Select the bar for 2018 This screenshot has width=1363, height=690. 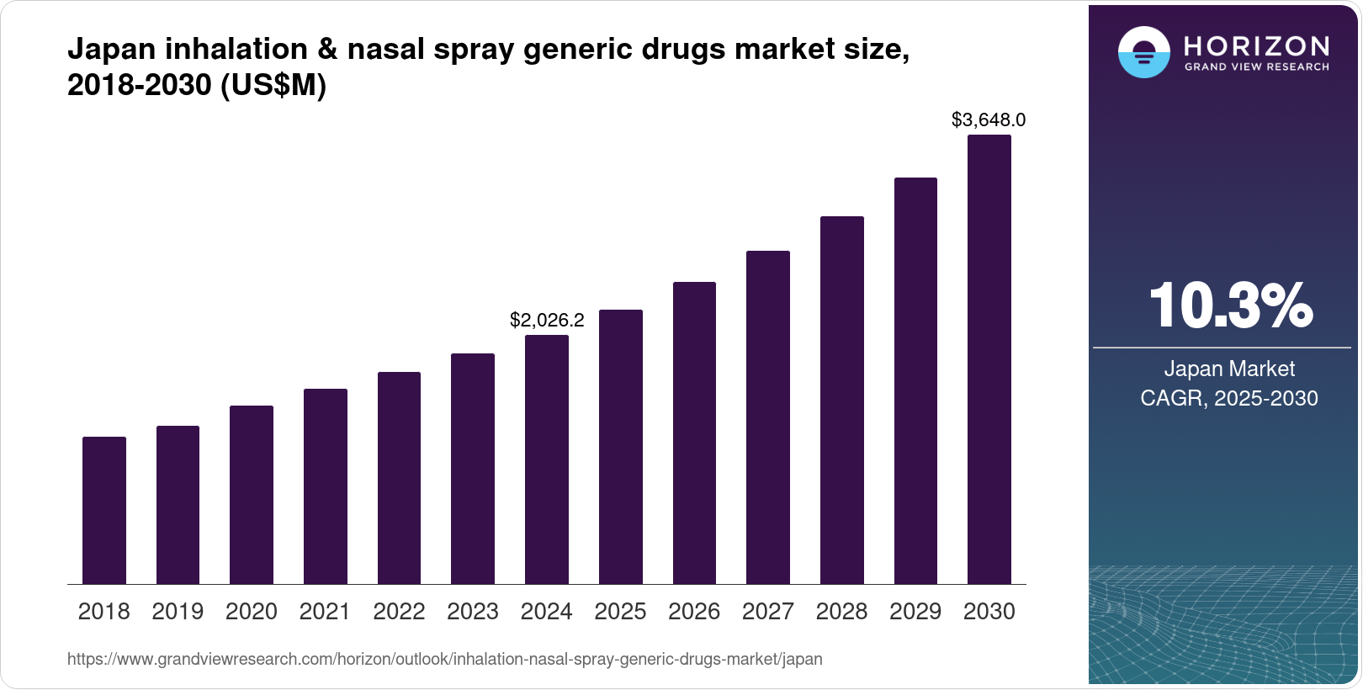point(104,510)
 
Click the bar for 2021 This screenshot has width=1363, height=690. point(326,486)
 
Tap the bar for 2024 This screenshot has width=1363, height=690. point(547,459)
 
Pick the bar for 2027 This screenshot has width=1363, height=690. point(768,417)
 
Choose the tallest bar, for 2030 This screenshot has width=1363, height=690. point(989,359)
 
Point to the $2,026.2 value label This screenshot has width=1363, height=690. point(547,321)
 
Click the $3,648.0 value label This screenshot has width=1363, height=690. point(989,120)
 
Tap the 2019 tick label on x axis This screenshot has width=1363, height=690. point(178,612)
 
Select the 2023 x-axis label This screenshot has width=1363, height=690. point(473,612)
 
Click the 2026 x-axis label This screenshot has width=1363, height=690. point(694,612)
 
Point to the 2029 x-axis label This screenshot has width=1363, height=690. point(915,612)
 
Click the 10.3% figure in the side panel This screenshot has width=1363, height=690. point(1229,305)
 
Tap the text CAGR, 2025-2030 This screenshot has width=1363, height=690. point(1229,398)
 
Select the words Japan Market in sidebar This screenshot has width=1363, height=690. point(1229,369)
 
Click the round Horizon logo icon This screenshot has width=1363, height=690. point(1143,52)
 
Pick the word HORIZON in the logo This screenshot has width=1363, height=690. point(1257,45)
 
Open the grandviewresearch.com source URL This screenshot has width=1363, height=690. point(444,660)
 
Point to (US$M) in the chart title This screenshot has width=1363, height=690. point(273,86)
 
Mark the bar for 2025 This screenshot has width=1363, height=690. point(621,447)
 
